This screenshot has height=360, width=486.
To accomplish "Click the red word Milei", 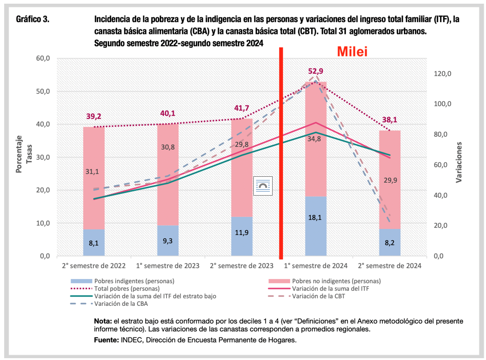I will coord(352,52).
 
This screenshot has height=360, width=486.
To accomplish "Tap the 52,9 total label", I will coord(316,71).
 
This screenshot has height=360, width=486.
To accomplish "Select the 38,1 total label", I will coord(390,120).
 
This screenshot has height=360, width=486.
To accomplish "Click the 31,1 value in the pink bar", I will coord(94,171).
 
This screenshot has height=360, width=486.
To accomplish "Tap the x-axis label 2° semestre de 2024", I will coord(390,266).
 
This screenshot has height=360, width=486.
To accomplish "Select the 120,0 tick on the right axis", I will coord(443,73).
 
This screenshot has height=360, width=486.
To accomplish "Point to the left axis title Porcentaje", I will coord(19,154).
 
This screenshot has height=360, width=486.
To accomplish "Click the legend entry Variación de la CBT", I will coord(320,296).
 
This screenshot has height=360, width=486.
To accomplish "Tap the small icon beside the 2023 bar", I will coord(263,185).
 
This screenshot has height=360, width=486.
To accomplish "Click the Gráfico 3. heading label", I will coord(33,20).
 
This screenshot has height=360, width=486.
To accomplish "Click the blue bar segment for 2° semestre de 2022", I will coord(94,242).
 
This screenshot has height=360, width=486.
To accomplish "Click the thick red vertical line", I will coord(281,152).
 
